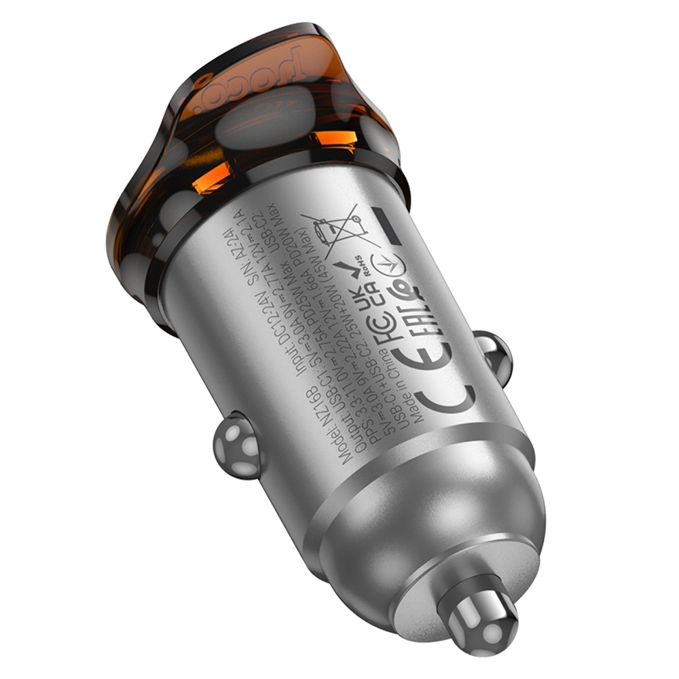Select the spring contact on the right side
(x=492, y=354)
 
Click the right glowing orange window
(x=335, y=139)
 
